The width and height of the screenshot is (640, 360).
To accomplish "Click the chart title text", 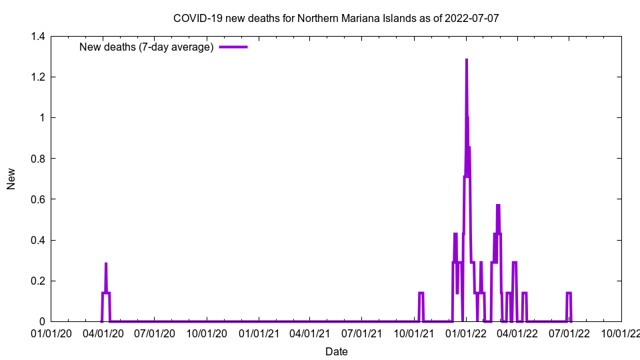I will tap(335, 18).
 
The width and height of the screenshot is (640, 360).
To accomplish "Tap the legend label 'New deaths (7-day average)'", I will tap(146, 47).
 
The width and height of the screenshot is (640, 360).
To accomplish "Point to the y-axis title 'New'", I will tap(11, 179).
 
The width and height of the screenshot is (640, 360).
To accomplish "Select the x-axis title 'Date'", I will tap(336, 351).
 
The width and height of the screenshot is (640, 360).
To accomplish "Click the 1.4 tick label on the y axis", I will tap(37, 37).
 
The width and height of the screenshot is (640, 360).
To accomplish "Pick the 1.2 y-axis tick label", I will tap(37, 77).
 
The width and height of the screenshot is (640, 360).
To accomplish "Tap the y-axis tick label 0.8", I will tap(37, 159).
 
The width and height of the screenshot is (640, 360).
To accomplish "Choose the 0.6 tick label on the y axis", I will tap(37, 199).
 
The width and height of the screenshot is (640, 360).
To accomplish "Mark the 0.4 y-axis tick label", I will tap(37, 240).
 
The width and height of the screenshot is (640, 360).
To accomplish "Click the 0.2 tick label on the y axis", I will tap(37, 281).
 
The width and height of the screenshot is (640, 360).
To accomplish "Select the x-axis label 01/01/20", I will tap(51, 333).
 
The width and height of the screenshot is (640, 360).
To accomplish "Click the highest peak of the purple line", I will tap(466, 60).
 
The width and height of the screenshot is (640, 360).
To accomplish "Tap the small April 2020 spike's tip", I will tap(105, 264).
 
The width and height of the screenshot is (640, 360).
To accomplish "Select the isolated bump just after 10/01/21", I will tap(421, 293).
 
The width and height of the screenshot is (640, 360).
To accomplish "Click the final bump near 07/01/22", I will tap(569, 293).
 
